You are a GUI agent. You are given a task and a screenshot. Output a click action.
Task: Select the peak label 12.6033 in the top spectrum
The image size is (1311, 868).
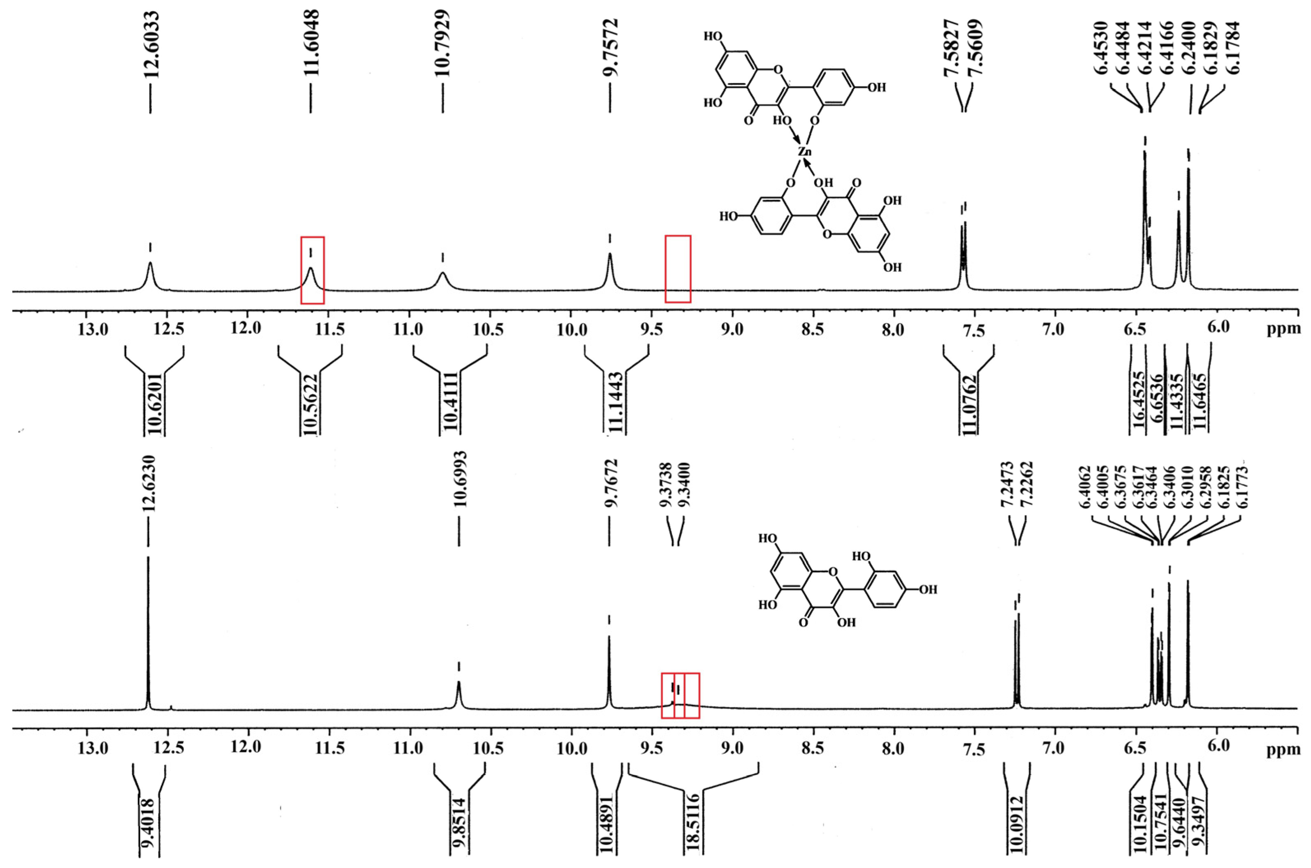(150, 45)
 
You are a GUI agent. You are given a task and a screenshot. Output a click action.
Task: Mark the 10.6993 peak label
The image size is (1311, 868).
(459, 479)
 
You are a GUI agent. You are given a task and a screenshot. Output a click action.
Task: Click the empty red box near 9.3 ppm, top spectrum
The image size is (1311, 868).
(678, 269)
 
